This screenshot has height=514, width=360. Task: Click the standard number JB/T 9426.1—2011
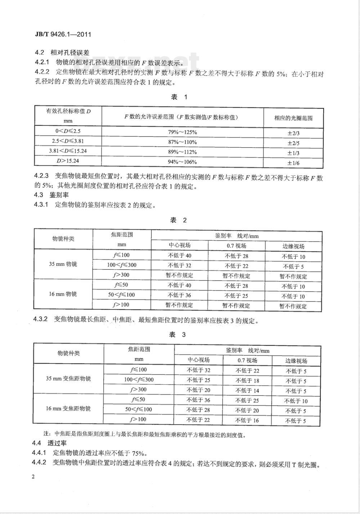tap(58, 35)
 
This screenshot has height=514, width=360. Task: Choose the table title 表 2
tap(179, 220)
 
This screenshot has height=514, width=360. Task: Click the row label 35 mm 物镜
tap(63, 264)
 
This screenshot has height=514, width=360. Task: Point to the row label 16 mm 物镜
tap(63, 294)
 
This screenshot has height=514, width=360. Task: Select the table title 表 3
tap(177, 335)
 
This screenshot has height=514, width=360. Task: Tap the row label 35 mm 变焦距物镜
tap(68, 379)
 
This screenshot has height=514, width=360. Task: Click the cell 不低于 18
tap(247, 380)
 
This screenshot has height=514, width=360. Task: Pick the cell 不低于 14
tap(247, 390)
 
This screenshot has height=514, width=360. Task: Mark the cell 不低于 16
tap(247, 420)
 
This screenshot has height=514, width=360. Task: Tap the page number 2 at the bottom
tap(33, 477)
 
